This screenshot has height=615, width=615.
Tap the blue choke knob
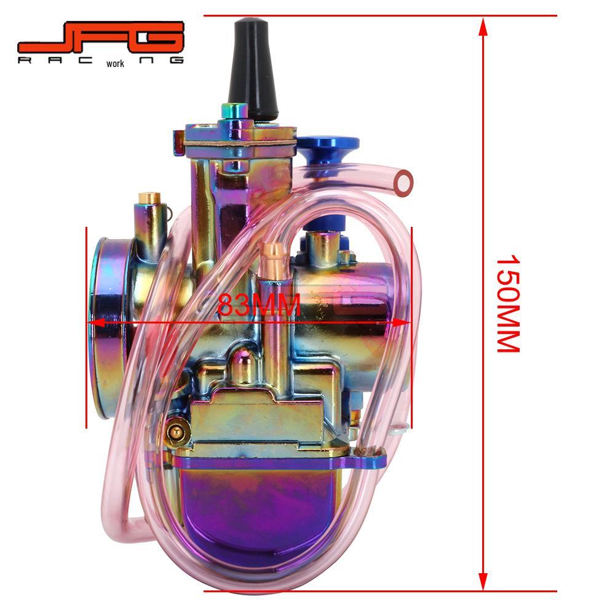[328, 151]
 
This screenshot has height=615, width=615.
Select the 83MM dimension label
[259, 304]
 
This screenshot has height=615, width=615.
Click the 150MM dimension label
[509, 304]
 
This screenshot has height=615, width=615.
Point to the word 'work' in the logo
[115, 63]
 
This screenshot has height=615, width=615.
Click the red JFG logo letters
[101, 38]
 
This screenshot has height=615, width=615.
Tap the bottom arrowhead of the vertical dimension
[483, 581]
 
